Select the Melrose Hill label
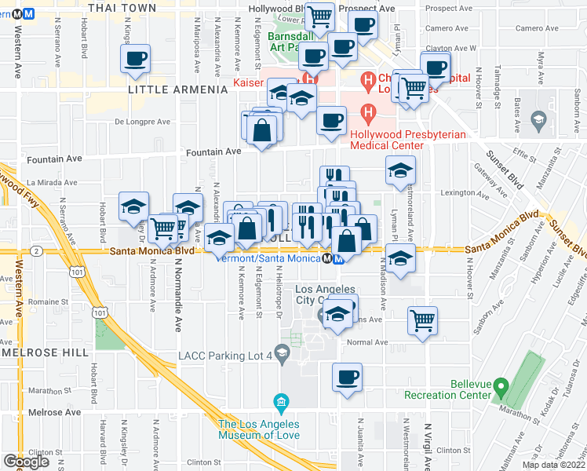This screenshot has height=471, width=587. [x=45, y=353]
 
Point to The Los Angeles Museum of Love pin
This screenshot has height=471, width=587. [x=281, y=404]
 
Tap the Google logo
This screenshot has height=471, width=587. [x=27, y=462]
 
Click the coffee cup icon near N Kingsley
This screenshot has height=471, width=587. [x=136, y=59]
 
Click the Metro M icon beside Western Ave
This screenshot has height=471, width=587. [x=27, y=13]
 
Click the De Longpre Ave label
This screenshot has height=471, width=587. [x=142, y=122]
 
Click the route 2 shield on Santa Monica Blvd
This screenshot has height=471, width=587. [x=37, y=250]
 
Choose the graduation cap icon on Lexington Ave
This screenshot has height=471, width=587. [x=400, y=170]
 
